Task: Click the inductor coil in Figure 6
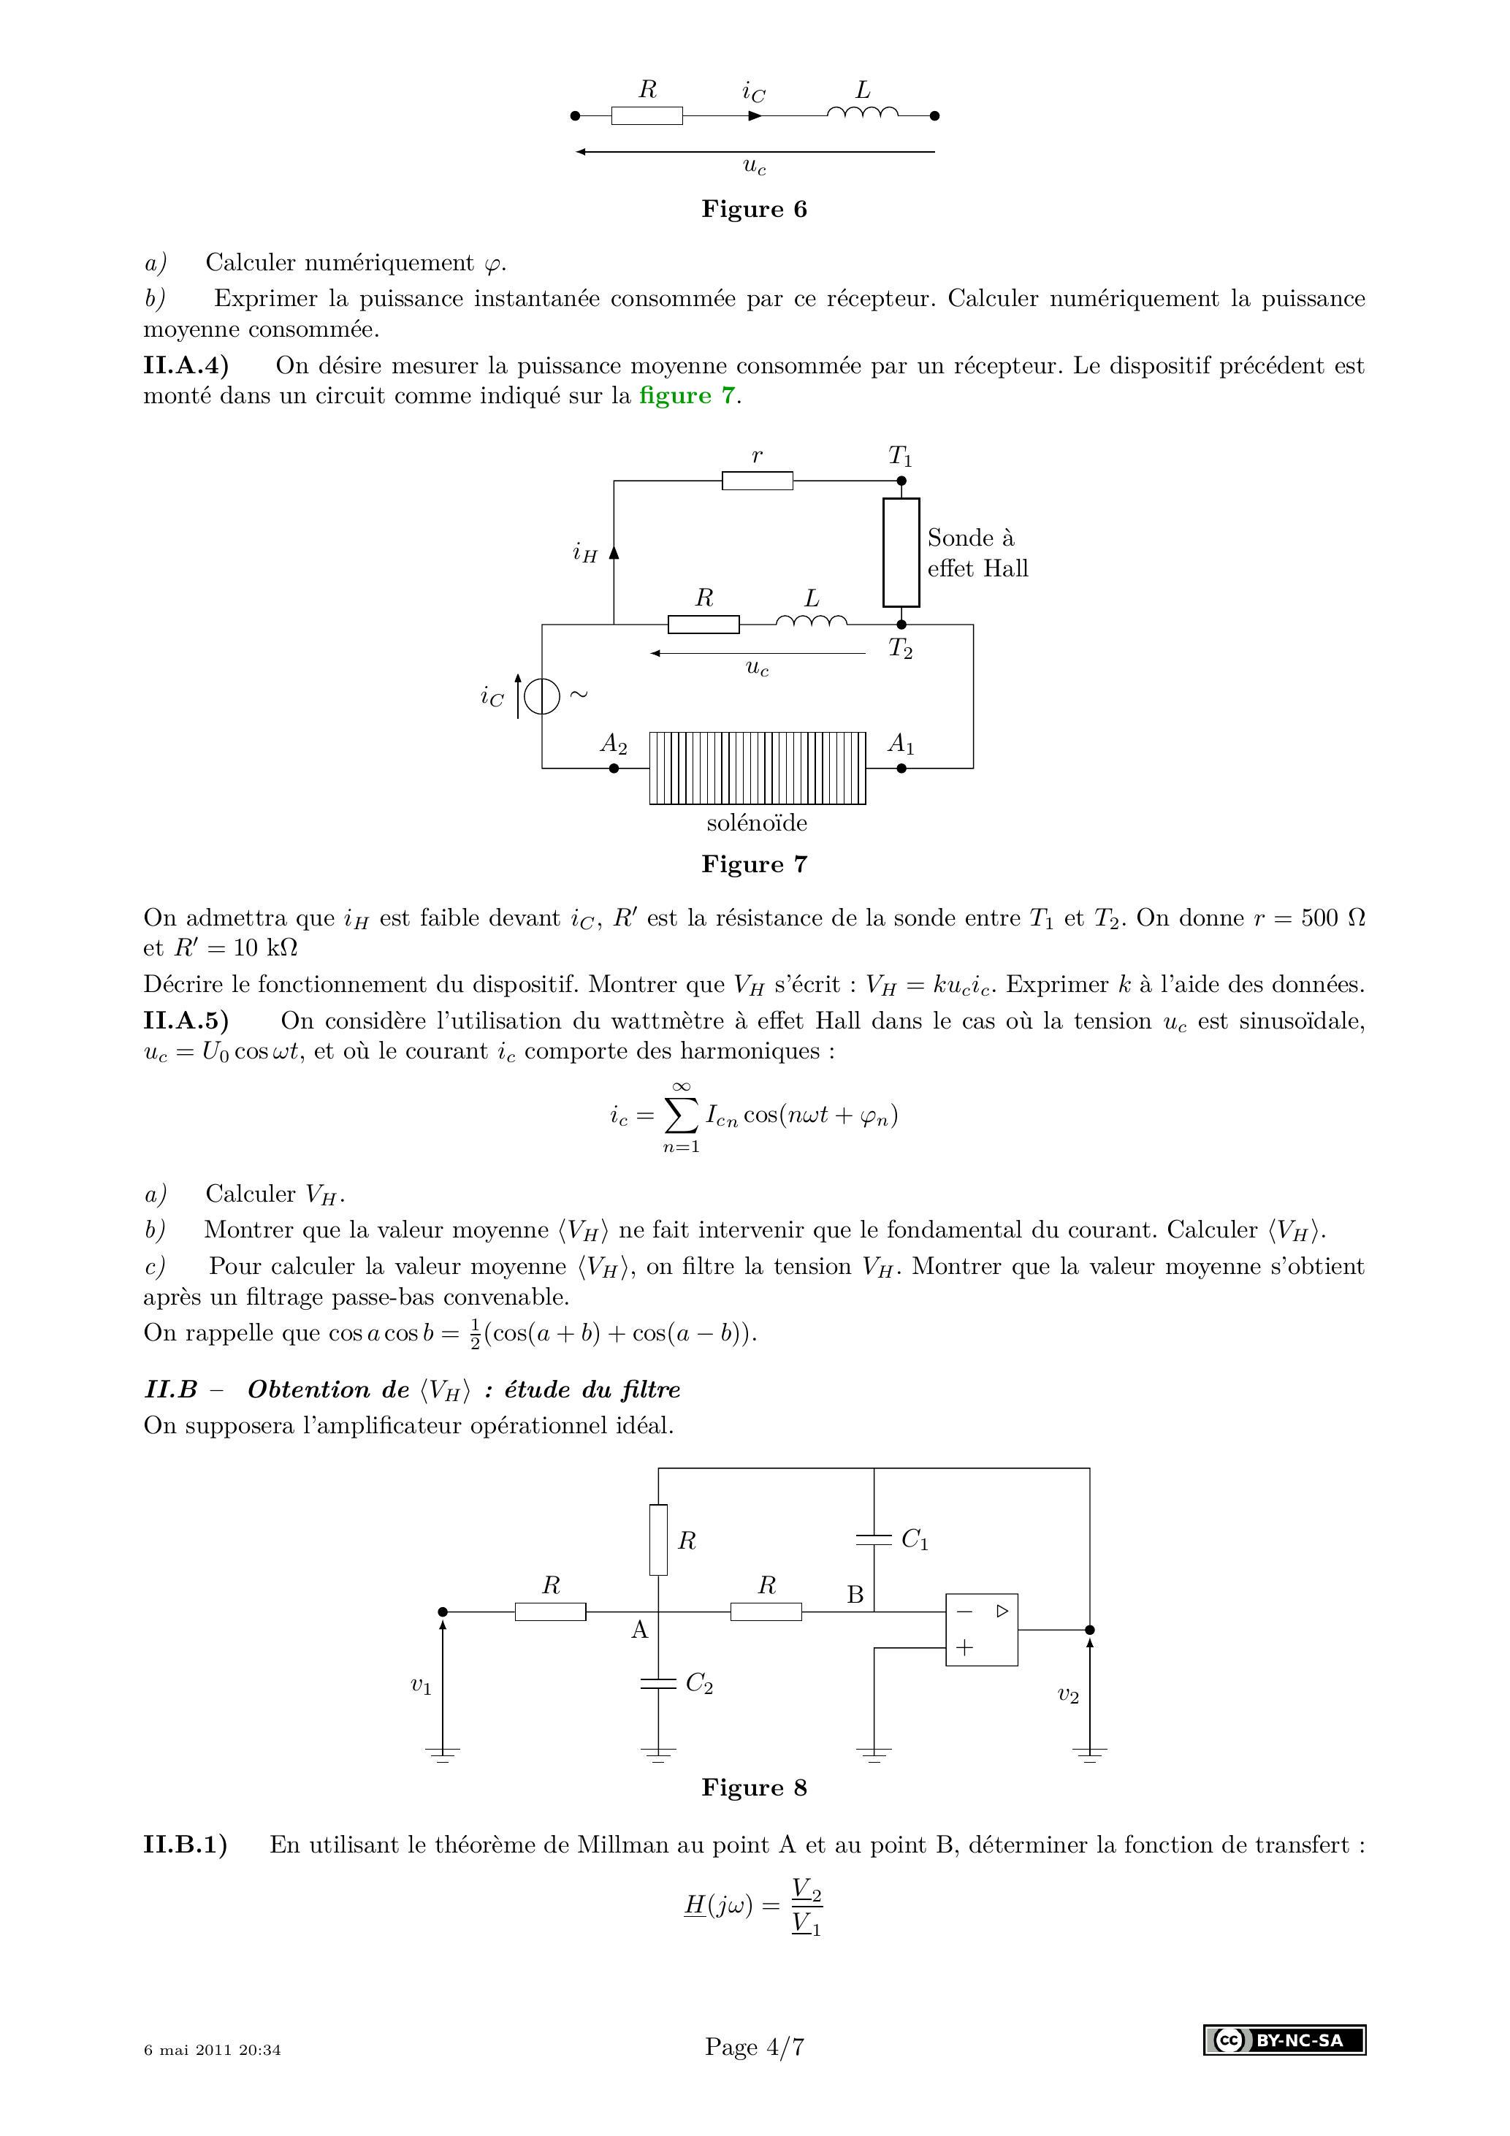pos(863,112)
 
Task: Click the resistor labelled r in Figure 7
pos(758,481)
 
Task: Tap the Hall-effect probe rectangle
pos(901,552)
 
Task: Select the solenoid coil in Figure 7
pos(758,768)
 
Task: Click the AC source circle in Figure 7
pos(541,697)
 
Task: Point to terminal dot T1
pos(901,481)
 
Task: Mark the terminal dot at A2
pos(613,768)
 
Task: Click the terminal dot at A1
pos(901,768)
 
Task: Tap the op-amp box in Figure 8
pos(982,1629)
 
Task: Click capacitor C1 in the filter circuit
pos(874,1538)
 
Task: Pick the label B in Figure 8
pos(855,1595)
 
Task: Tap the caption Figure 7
pos(755,864)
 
